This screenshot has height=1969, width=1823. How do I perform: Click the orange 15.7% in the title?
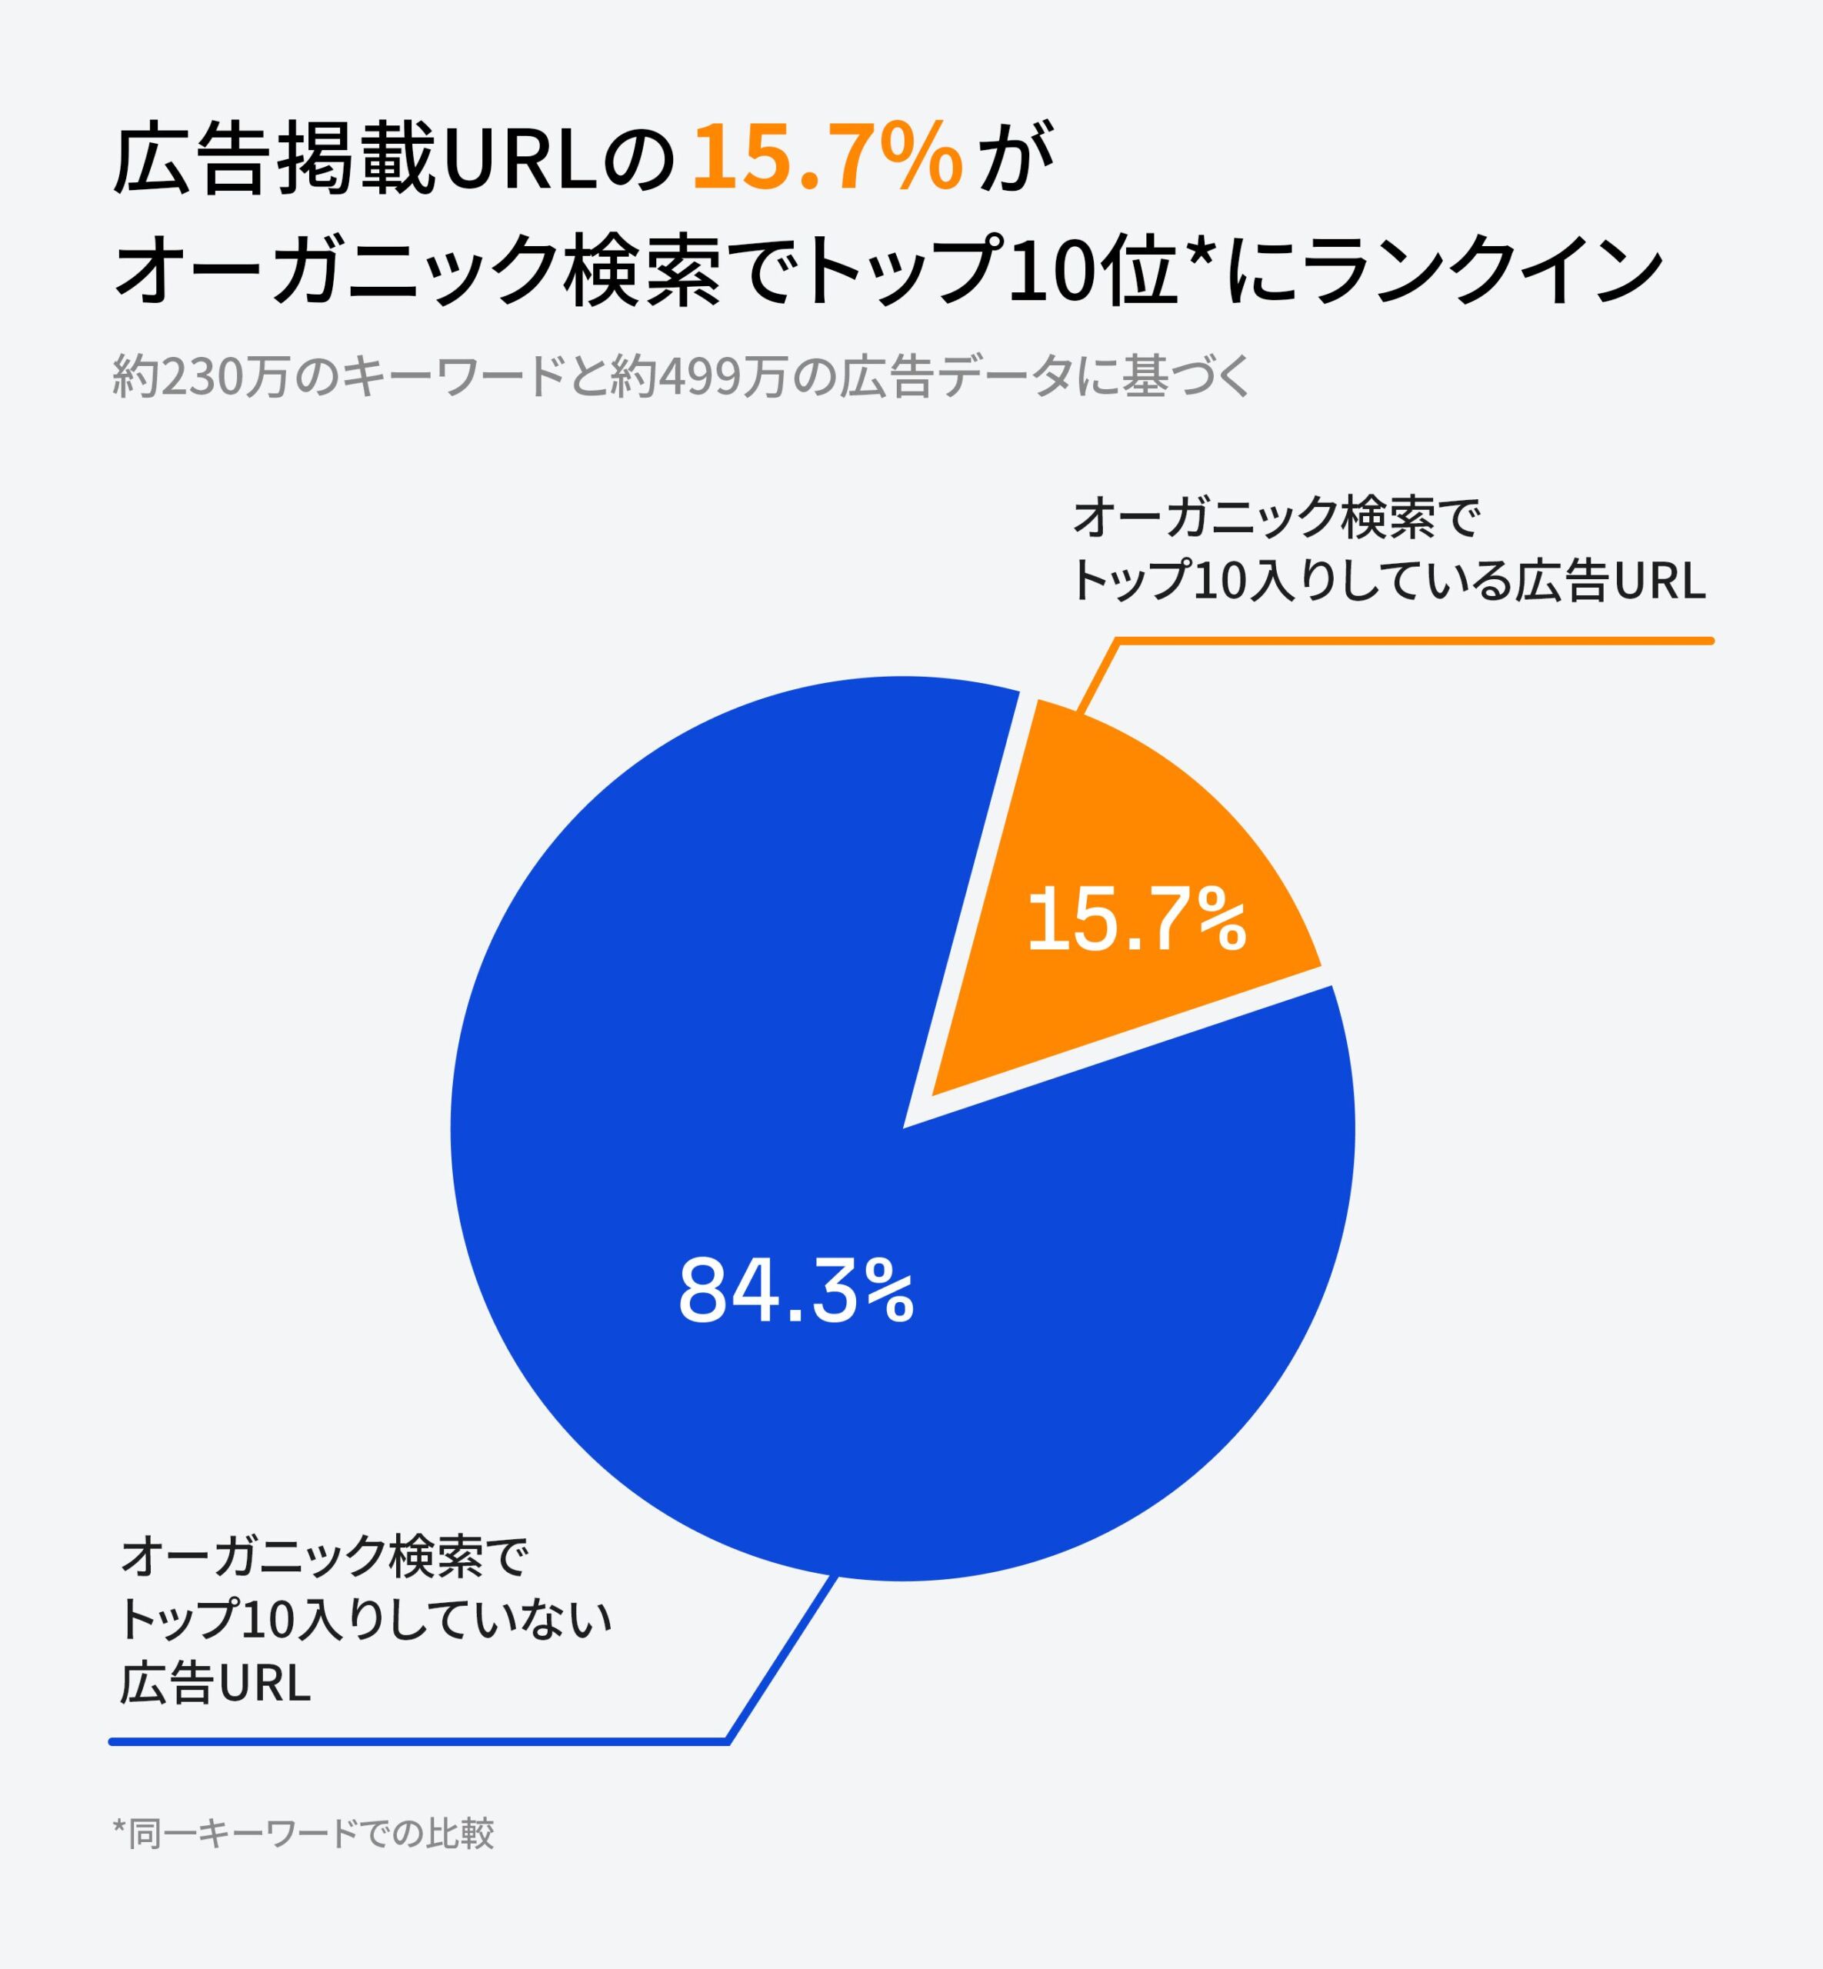[827, 158]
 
